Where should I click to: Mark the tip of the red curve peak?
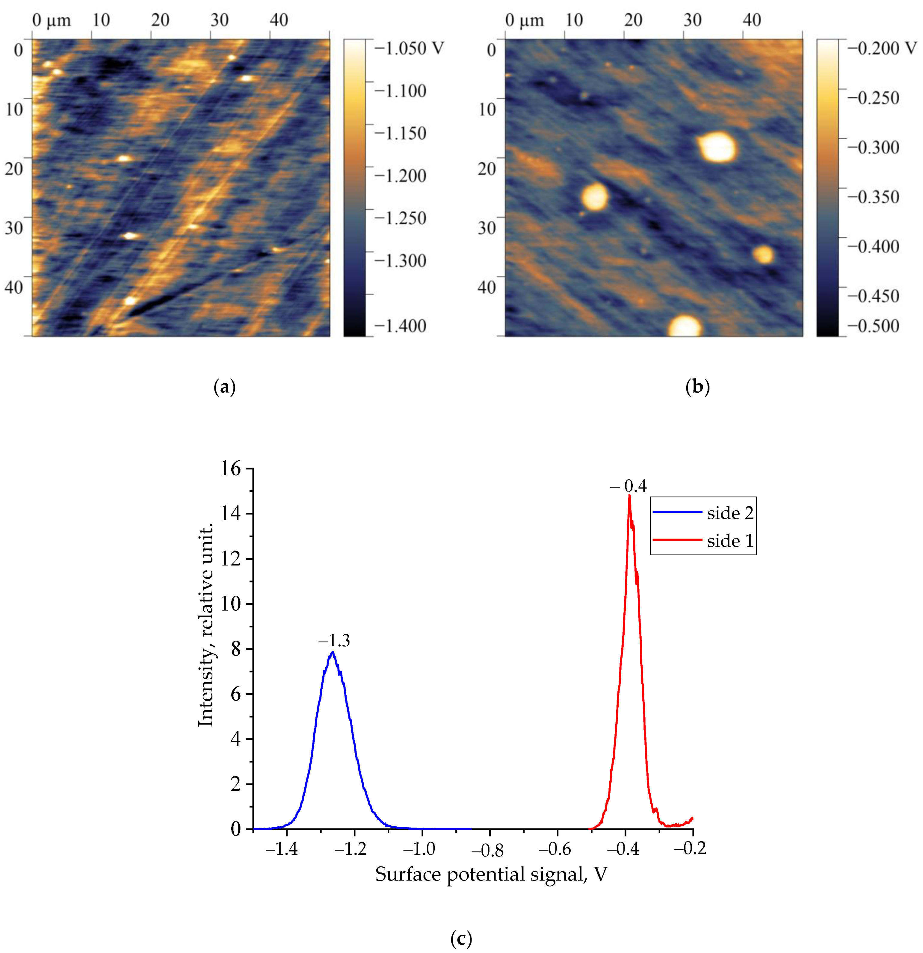pos(629,495)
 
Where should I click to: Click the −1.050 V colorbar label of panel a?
pos(409,48)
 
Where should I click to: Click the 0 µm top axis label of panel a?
pos(51,20)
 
